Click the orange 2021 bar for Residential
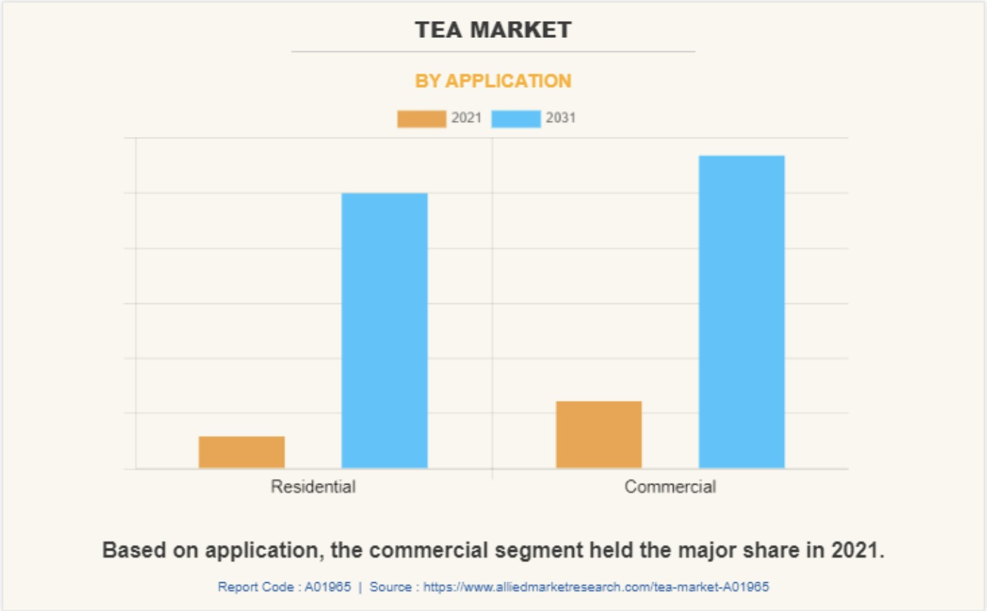(x=242, y=452)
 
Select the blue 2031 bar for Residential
(x=384, y=330)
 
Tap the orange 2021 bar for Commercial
(x=599, y=434)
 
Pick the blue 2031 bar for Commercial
(x=741, y=311)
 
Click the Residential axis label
(x=313, y=487)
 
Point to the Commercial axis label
(x=670, y=487)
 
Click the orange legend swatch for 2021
(x=421, y=119)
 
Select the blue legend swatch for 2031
(x=516, y=119)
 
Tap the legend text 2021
(x=466, y=118)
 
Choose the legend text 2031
(x=561, y=118)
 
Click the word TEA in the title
(x=438, y=30)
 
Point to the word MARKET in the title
(x=521, y=30)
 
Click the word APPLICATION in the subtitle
(x=509, y=81)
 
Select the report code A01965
(x=327, y=587)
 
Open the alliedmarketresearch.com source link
(x=596, y=587)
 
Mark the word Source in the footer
(x=391, y=587)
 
